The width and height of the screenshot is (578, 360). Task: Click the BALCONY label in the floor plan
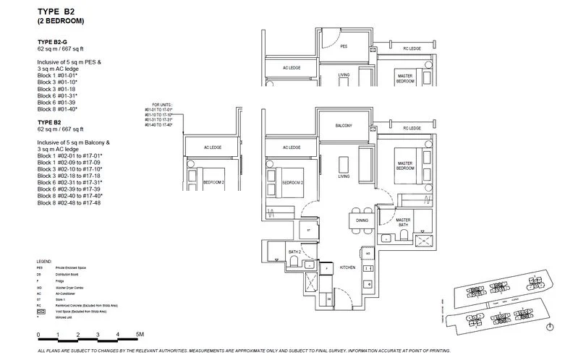pos(343,126)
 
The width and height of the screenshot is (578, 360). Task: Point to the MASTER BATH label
pos(403,222)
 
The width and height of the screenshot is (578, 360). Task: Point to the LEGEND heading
pos(44,260)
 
